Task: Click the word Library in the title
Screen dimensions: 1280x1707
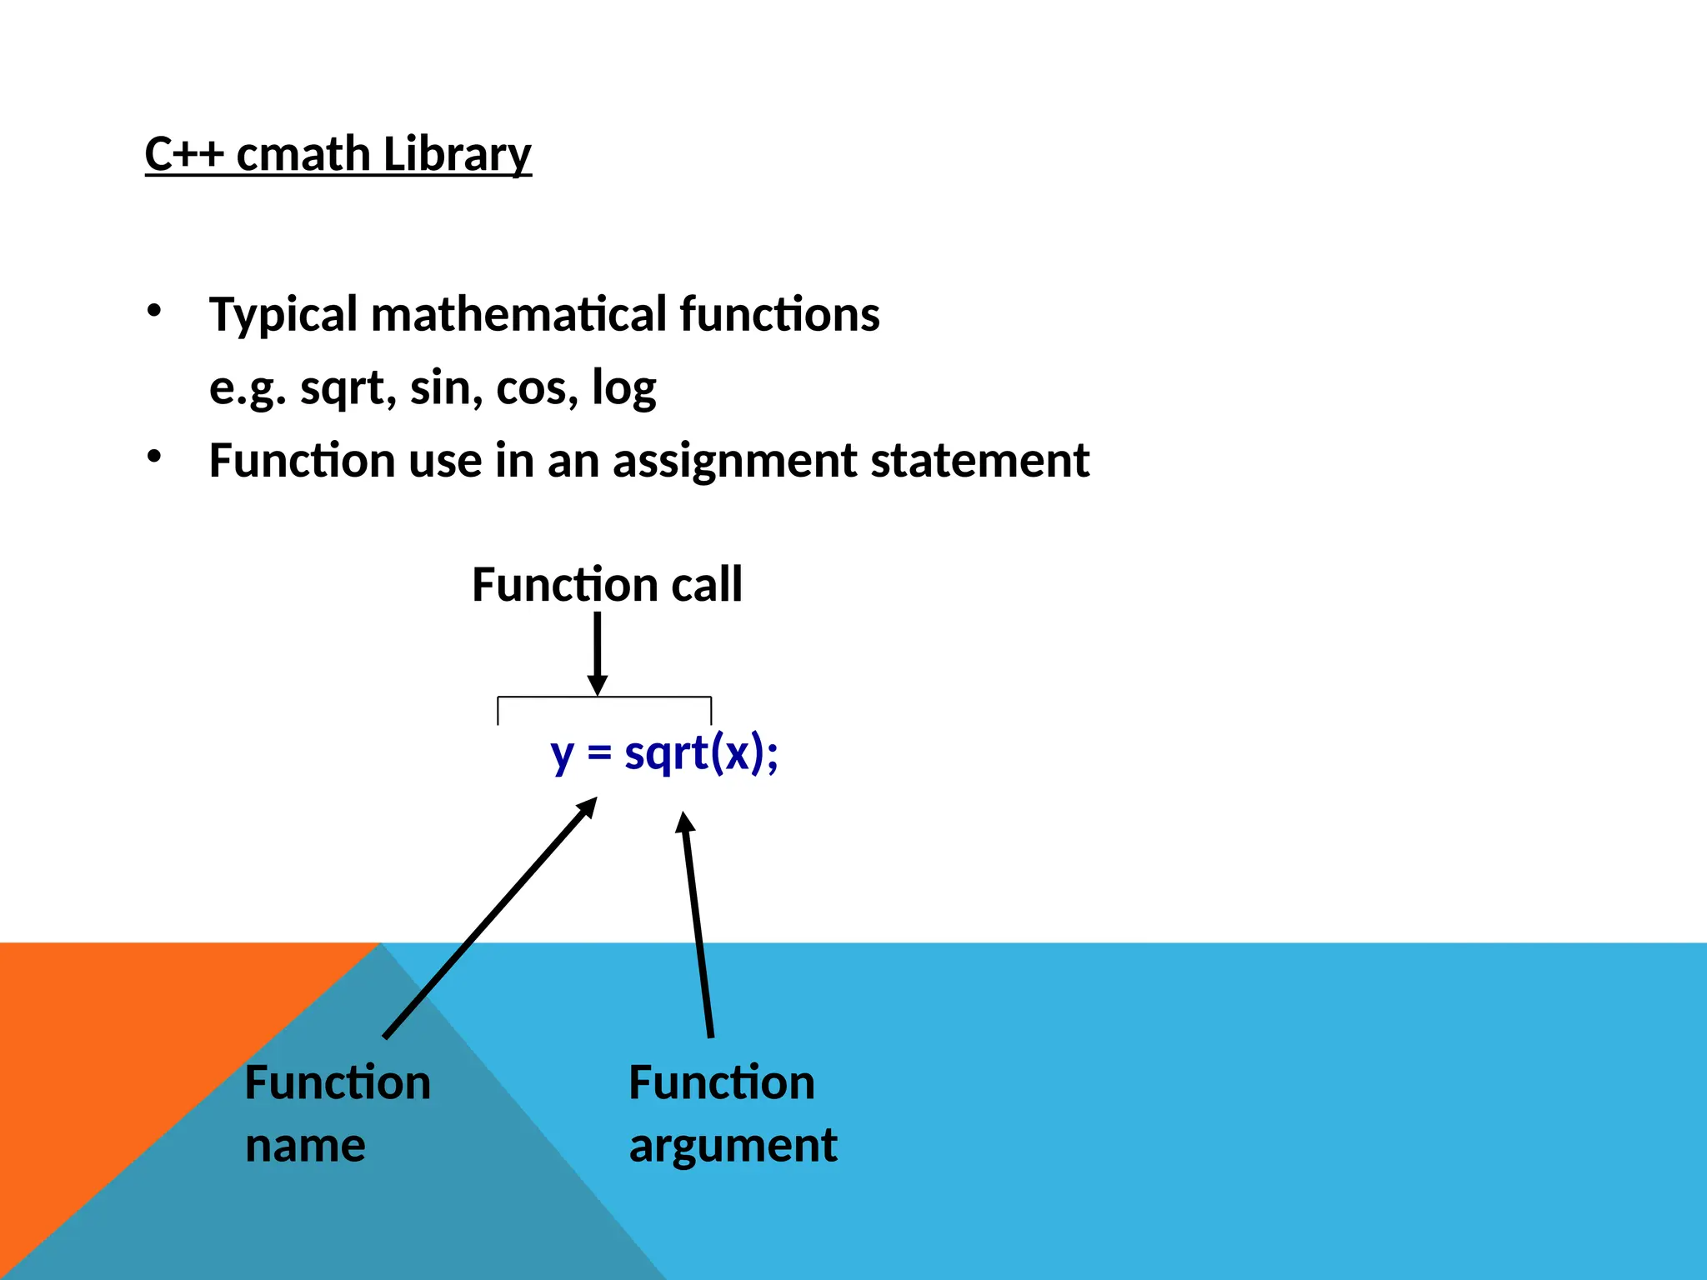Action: tap(457, 156)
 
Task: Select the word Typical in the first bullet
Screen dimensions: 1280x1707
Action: tap(283, 316)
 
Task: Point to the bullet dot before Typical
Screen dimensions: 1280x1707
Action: tap(153, 312)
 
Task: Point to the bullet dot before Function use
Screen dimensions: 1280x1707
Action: tap(153, 457)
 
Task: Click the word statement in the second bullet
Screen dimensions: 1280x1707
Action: tap(979, 461)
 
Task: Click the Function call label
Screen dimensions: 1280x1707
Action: tap(607, 584)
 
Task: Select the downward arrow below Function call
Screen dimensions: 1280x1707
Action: tap(597, 654)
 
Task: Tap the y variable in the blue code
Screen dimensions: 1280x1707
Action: tap(563, 757)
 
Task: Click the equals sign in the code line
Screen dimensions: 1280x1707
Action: tap(599, 753)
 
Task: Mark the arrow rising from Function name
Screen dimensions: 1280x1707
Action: tap(492, 917)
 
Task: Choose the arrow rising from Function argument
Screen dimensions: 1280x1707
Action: tap(698, 925)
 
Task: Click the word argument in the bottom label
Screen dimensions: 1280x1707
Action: tap(733, 1147)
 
